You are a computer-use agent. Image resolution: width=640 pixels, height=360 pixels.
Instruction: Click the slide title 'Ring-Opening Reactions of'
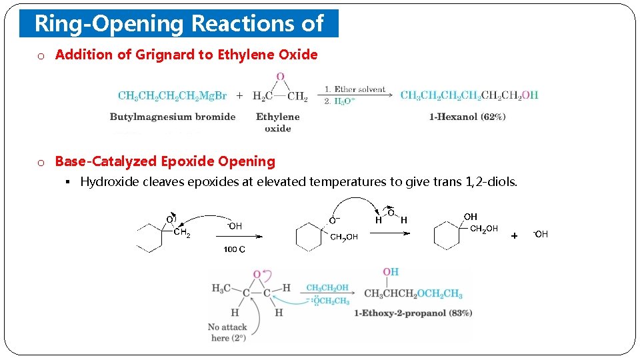(179, 24)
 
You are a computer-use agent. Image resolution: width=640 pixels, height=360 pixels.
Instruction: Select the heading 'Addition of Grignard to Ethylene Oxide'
(186, 55)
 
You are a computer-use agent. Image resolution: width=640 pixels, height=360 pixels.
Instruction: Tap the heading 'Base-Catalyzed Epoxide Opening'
(165, 161)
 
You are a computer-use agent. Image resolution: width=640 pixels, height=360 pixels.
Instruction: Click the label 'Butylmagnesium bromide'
(173, 117)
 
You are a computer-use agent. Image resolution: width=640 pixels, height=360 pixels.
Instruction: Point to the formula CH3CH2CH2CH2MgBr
(172, 95)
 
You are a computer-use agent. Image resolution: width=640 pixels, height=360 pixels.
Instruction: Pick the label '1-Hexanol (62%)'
(467, 117)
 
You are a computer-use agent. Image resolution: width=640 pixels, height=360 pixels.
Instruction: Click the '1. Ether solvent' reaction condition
(355, 89)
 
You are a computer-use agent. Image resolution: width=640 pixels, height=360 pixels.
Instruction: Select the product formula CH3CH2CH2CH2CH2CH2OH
(469, 95)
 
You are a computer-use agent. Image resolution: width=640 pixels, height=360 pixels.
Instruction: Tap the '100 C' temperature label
(234, 249)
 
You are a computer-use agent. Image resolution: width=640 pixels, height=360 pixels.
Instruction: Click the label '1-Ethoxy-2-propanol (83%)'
(413, 313)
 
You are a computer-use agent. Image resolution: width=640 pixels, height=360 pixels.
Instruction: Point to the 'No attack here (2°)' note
(227, 332)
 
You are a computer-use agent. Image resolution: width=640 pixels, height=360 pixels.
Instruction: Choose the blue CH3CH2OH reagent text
(327, 288)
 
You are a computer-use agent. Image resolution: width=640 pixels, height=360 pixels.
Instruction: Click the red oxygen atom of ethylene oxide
(280, 77)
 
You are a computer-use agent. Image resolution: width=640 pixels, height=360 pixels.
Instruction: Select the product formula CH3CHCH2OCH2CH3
(413, 294)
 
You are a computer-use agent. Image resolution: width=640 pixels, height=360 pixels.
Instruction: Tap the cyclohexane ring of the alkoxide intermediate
(309, 237)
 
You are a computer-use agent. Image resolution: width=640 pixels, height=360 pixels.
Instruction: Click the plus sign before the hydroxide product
(514, 235)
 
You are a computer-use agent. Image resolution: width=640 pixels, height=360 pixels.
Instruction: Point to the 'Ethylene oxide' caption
(278, 122)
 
